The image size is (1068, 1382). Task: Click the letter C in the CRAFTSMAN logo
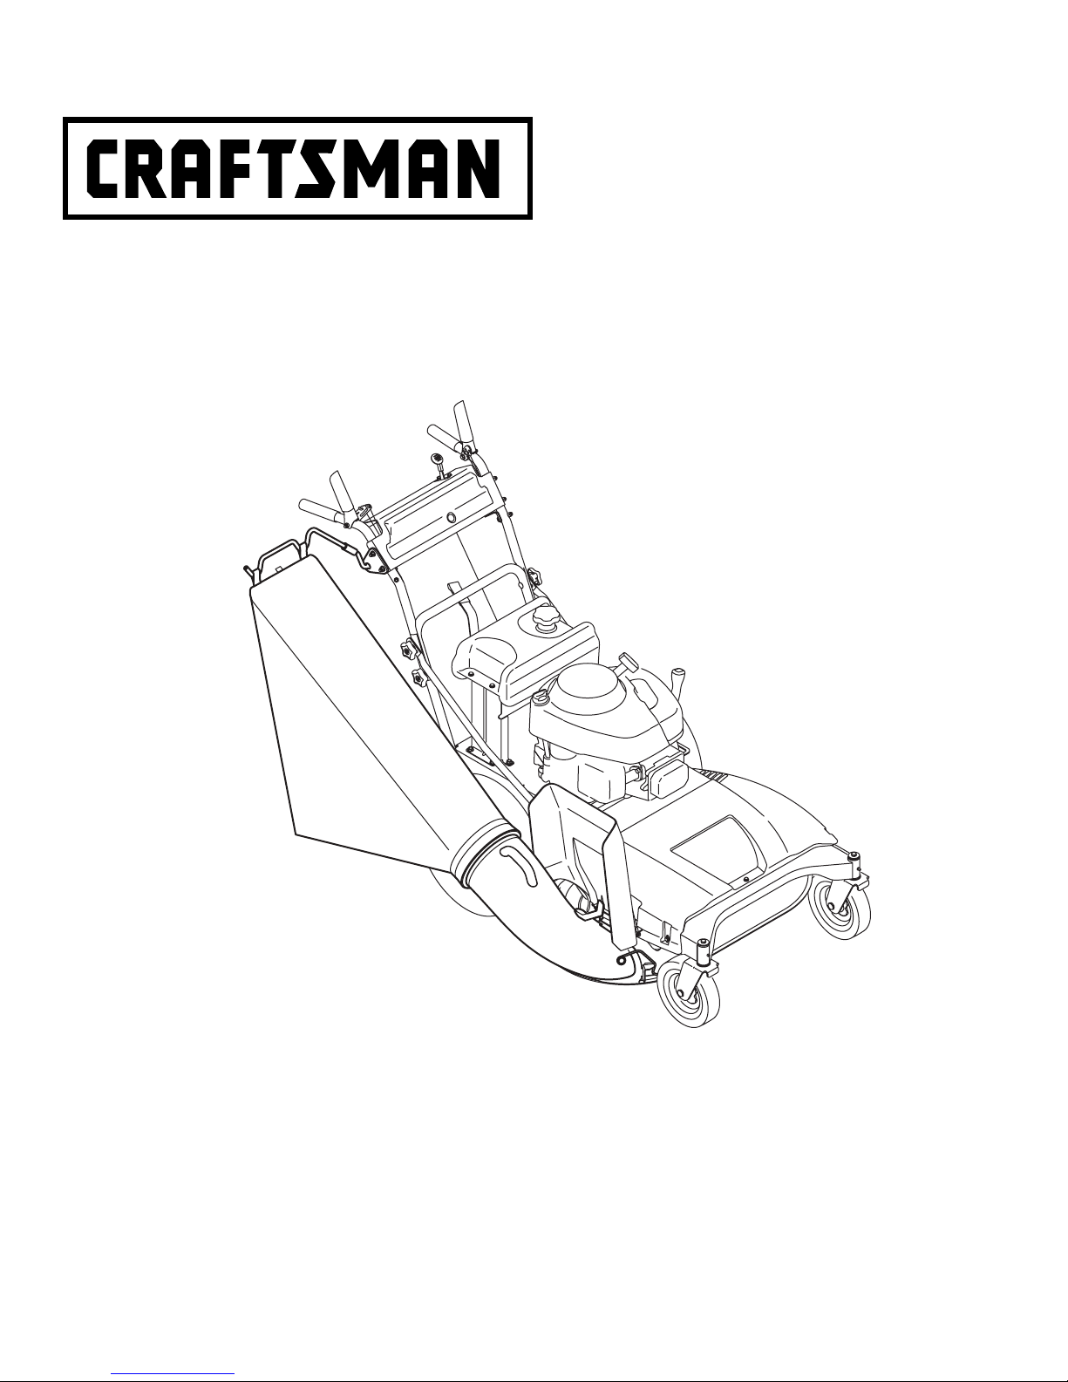pos(103,168)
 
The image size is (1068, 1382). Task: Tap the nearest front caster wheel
pos(689,997)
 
